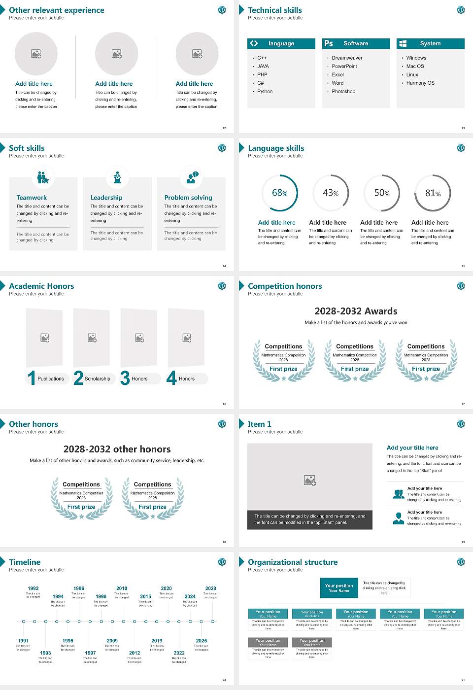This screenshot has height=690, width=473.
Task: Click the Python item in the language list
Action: tap(265, 92)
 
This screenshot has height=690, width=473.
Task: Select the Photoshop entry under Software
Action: tap(343, 92)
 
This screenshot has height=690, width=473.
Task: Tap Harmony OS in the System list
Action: tap(420, 83)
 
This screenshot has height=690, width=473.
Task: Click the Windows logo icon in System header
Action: tap(403, 43)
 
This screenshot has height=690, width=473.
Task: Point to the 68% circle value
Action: tap(279, 193)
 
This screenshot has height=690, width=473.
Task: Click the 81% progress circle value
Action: tap(433, 193)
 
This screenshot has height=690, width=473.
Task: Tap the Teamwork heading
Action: tap(32, 198)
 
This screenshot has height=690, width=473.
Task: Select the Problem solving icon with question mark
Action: tap(192, 177)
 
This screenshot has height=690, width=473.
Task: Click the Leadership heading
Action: tap(106, 198)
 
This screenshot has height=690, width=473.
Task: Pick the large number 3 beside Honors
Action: tap(125, 378)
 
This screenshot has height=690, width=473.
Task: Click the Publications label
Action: tap(51, 379)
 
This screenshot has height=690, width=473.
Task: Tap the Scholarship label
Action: tap(98, 379)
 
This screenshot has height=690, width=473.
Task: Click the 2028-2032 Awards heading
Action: tap(356, 311)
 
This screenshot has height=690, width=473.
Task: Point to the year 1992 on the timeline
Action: tap(33, 588)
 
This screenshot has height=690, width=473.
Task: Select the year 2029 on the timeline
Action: tap(210, 588)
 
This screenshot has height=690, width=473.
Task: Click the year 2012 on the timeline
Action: tap(135, 653)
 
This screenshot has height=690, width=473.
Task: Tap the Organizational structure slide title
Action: tap(293, 562)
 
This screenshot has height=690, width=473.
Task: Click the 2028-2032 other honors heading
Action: tap(117, 449)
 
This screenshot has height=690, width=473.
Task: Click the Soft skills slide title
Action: tap(27, 148)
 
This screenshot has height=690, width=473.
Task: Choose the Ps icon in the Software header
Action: tap(329, 43)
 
